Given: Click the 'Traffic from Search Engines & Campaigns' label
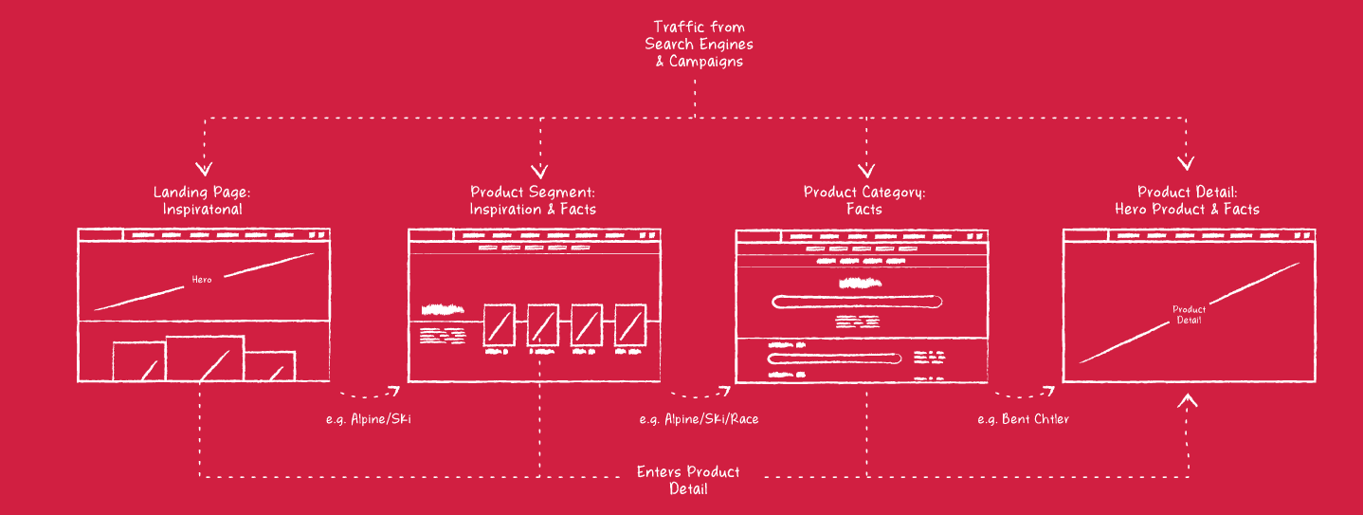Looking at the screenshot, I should [x=699, y=44].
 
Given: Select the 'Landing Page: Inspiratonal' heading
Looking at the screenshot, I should [x=202, y=200].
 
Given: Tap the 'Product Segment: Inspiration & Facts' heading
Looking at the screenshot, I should [x=533, y=200].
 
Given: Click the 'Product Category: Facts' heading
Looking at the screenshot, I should [x=863, y=200].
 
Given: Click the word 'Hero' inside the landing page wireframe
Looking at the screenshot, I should [x=202, y=280].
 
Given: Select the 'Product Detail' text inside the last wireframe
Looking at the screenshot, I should [x=1189, y=315].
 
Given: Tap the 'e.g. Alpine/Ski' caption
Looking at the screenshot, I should [x=369, y=418].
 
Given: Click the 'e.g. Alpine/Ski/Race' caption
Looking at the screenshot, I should [x=699, y=418].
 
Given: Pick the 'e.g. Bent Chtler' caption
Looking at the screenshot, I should [x=1023, y=418].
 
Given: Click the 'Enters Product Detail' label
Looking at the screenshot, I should [x=688, y=480].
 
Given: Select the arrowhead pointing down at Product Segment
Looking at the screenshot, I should [x=540, y=172].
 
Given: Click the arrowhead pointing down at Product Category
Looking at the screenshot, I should [x=864, y=172].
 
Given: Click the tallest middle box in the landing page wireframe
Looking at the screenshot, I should [x=205, y=359].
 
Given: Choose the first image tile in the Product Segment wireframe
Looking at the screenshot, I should [x=499, y=325].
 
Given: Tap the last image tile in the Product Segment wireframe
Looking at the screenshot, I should [x=630, y=325].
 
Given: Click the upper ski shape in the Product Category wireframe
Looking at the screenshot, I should [x=858, y=302].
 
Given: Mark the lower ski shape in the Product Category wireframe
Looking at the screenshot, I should [x=835, y=359].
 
